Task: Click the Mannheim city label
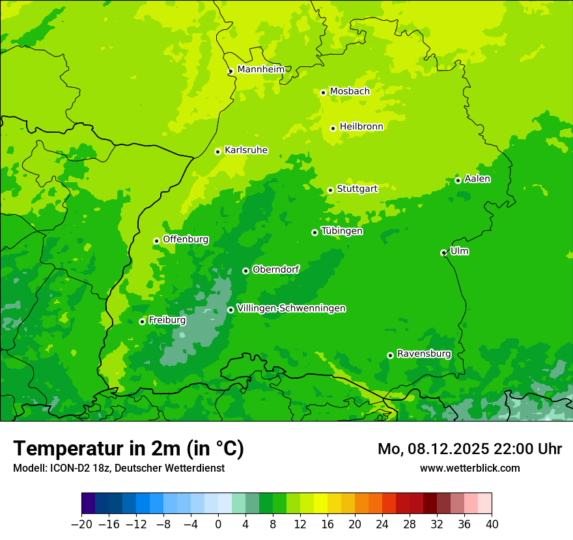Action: (x=261, y=70)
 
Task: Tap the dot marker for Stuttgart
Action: (x=330, y=190)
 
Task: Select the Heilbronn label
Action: (x=361, y=127)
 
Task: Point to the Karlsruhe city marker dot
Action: (x=217, y=152)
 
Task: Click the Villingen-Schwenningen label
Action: (x=291, y=308)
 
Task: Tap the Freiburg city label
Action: (x=167, y=320)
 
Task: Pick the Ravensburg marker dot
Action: (x=390, y=355)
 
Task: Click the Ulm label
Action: (x=459, y=251)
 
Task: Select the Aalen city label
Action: (x=477, y=179)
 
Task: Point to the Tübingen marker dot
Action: (x=314, y=232)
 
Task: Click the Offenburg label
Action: (x=186, y=239)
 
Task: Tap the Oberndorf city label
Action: (x=275, y=269)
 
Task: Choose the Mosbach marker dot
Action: (x=323, y=92)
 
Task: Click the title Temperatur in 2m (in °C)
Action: (x=128, y=448)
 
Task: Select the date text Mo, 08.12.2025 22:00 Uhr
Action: (x=469, y=449)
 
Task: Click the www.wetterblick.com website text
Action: (x=469, y=468)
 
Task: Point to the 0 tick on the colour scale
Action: (x=218, y=524)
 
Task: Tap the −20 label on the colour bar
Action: (x=81, y=524)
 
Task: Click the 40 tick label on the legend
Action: (x=492, y=524)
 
